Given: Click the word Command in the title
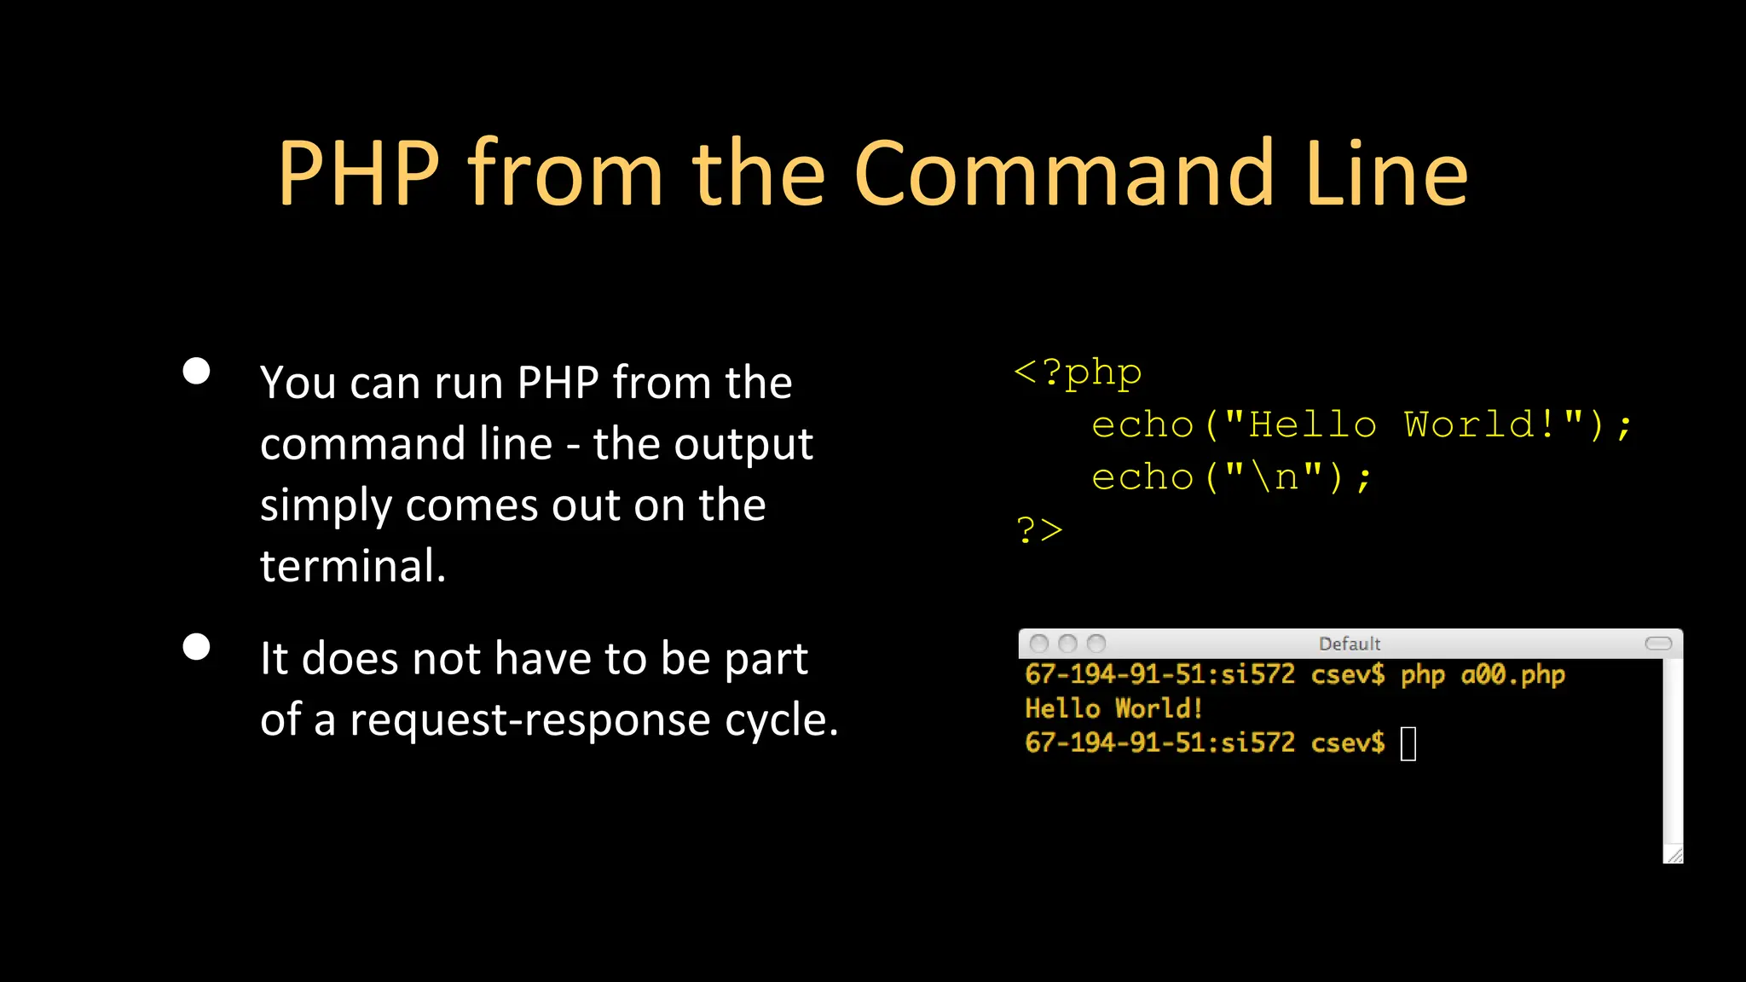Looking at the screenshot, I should point(1063,174).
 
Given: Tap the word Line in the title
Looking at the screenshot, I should point(1386,174).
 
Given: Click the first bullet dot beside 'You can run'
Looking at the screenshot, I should point(197,371).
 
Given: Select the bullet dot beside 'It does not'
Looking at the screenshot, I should point(197,647).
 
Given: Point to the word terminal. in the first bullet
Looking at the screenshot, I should point(353,566).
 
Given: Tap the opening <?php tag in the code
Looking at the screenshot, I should point(1078,373).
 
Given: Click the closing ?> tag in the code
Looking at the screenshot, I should point(1039,530).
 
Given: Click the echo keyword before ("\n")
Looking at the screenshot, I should point(1142,477).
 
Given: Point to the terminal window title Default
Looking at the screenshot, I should point(1350,644).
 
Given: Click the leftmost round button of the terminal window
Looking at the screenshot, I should point(1038,644).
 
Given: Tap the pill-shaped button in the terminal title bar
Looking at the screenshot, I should point(1658,644).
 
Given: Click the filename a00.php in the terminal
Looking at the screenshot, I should point(1512,675).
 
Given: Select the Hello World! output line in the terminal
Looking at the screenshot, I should point(1113,708).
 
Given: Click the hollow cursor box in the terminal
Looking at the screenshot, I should point(1408,743).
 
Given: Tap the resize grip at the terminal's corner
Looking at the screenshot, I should point(1674,854).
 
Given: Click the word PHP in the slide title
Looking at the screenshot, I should point(359,174).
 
